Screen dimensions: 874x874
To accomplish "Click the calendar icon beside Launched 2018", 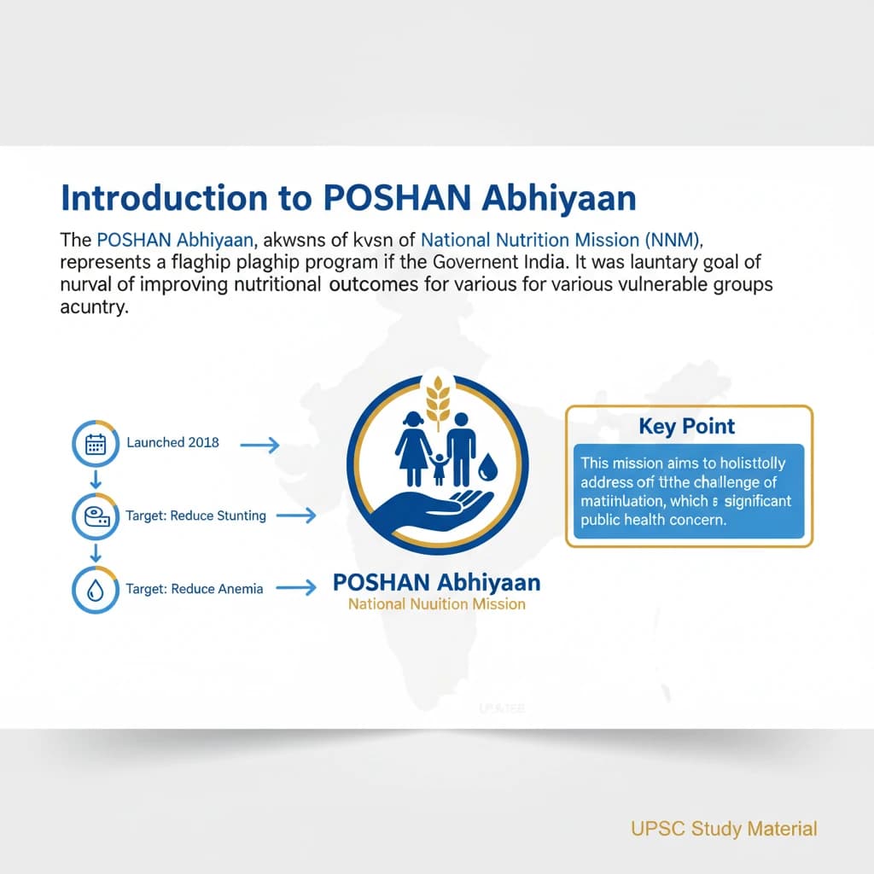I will [x=96, y=443].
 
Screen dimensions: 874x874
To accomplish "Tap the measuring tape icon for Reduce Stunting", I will [x=96, y=516].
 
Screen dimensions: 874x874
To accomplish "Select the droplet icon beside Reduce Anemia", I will [x=96, y=588].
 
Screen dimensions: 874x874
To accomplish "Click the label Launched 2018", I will [x=172, y=442].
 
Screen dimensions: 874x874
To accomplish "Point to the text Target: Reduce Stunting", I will [x=195, y=516].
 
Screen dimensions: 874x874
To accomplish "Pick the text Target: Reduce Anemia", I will [x=194, y=588].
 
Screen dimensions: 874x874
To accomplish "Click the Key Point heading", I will [x=687, y=426].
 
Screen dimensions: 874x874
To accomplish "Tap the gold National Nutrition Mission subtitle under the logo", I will [x=436, y=604].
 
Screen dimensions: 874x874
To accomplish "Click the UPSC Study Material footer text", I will [x=724, y=828].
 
